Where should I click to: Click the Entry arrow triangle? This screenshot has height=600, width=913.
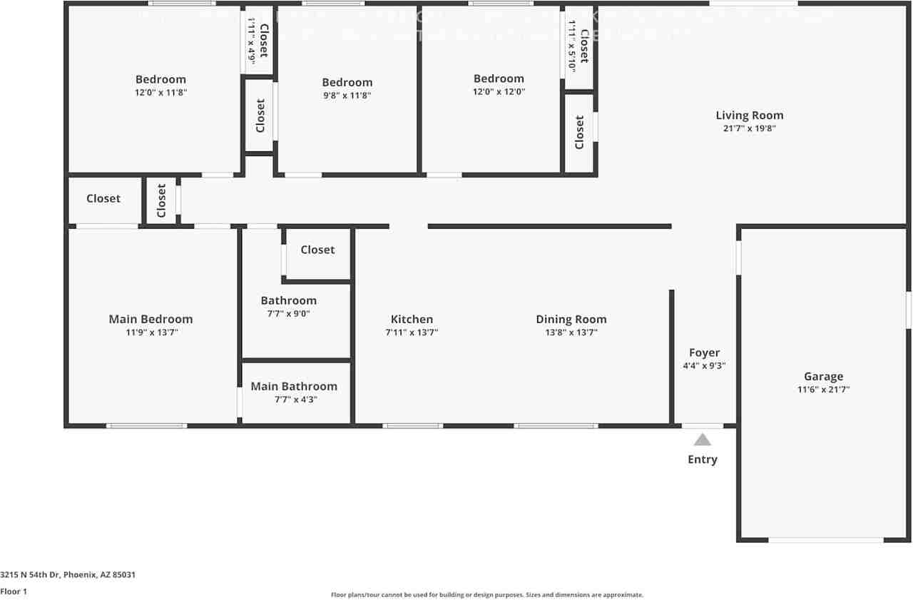(703, 439)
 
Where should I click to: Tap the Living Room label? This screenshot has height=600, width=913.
(749, 115)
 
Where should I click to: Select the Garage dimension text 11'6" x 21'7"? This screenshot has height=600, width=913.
(823, 390)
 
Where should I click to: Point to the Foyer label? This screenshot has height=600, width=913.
(704, 352)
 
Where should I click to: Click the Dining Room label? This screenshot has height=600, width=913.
(571, 319)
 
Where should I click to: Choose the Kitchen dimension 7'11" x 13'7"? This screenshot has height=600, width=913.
(412, 332)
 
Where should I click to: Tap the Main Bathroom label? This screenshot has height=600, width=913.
(294, 386)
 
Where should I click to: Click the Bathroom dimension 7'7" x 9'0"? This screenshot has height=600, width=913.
(288, 313)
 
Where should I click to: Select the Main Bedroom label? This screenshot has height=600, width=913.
(151, 319)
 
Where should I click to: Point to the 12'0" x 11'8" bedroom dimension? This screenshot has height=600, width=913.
(160, 92)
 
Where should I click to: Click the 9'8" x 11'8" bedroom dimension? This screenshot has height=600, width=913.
(347, 95)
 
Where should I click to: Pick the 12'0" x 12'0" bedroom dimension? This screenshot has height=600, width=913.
(499, 91)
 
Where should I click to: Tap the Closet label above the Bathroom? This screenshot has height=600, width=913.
(317, 250)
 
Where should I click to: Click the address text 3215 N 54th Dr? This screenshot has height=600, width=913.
(68, 574)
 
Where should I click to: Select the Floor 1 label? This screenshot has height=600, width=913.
(14, 591)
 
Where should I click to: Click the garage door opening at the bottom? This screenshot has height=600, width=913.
(825, 540)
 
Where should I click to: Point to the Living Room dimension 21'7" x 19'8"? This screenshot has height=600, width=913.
(749, 128)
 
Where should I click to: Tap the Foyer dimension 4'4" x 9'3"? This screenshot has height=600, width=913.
(704, 366)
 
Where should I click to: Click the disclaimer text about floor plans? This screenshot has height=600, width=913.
(486, 594)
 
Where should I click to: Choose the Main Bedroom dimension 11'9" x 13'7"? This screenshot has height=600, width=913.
(151, 332)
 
